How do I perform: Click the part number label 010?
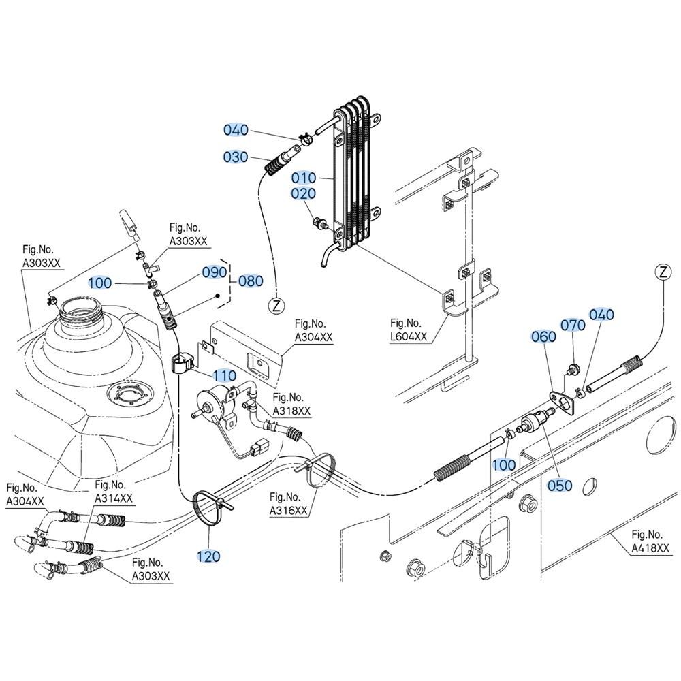click(x=304, y=178)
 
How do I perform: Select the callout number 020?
click(x=304, y=194)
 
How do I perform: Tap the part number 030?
click(x=236, y=157)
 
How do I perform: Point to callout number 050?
click(x=560, y=485)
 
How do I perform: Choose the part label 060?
click(x=543, y=336)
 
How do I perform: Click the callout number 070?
click(x=573, y=326)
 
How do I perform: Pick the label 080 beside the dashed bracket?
click(x=250, y=281)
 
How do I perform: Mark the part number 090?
click(x=213, y=272)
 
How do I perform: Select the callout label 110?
click(x=224, y=375)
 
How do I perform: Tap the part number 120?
click(x=208, y=556)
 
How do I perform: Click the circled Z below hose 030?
click(x=276, y=305)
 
